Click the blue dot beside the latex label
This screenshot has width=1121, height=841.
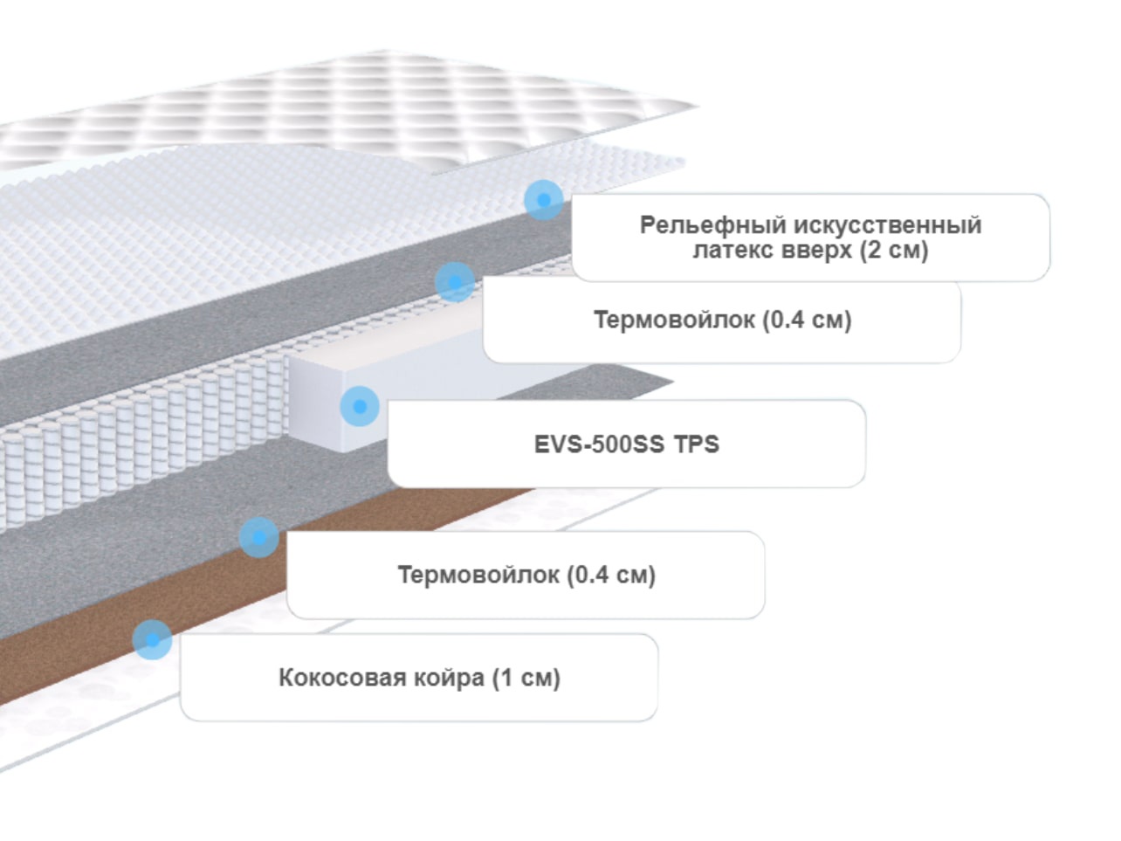tap(543, 200)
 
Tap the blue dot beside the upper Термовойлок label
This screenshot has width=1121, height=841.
tap(455, 282)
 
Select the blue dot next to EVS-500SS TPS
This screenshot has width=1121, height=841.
tap(360, 406)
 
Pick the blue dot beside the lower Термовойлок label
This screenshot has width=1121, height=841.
tap(259, 537)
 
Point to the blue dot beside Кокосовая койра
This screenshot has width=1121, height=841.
tap(152, 640)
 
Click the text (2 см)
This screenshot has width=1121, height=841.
tap(894, 251)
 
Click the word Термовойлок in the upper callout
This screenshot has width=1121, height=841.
tap(674, 320)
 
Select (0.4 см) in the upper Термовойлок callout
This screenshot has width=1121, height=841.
tap(807, 321)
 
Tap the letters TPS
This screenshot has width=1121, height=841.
tap(697, 445)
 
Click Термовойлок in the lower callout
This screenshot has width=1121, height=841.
tap(478, 575)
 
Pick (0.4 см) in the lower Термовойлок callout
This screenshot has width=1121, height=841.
tap(611, 575)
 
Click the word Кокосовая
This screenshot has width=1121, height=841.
tap(342, 678)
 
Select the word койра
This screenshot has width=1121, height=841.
tap(449, 679)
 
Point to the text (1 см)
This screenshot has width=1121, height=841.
tap(526, 678)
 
